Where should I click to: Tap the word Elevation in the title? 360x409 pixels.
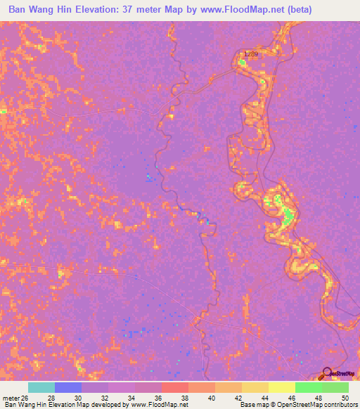tap(103, 9)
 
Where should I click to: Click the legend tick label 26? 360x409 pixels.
tap(28, 398)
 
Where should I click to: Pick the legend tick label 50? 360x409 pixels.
tap(344, 398)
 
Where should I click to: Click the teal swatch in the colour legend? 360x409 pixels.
tap(41, 387)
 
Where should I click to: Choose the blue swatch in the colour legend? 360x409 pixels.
tap(68, 387)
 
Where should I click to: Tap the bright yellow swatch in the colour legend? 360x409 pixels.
tap(281, 387)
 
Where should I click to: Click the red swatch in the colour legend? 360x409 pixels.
tap(174, 387)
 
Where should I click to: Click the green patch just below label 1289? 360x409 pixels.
tap(243, 63)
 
